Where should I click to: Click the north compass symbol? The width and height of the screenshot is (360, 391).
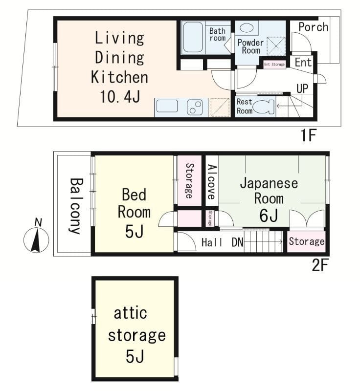(36, 240)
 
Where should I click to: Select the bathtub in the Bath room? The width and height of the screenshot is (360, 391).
(193, 37)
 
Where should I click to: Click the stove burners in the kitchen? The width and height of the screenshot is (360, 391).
(195, 107)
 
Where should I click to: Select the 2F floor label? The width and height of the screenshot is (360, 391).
(320, 266)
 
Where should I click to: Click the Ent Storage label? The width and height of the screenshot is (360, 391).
(274, 65)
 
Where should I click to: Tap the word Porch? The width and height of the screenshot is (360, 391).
(313, 27)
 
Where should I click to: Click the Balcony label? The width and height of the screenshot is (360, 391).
(75, 205)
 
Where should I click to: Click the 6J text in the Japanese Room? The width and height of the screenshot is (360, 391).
(269, 215)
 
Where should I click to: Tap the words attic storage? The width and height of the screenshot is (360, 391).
(136, 324)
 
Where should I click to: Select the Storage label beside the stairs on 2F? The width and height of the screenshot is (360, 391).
(306, 241)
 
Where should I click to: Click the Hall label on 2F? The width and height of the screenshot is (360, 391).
(212, 242)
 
